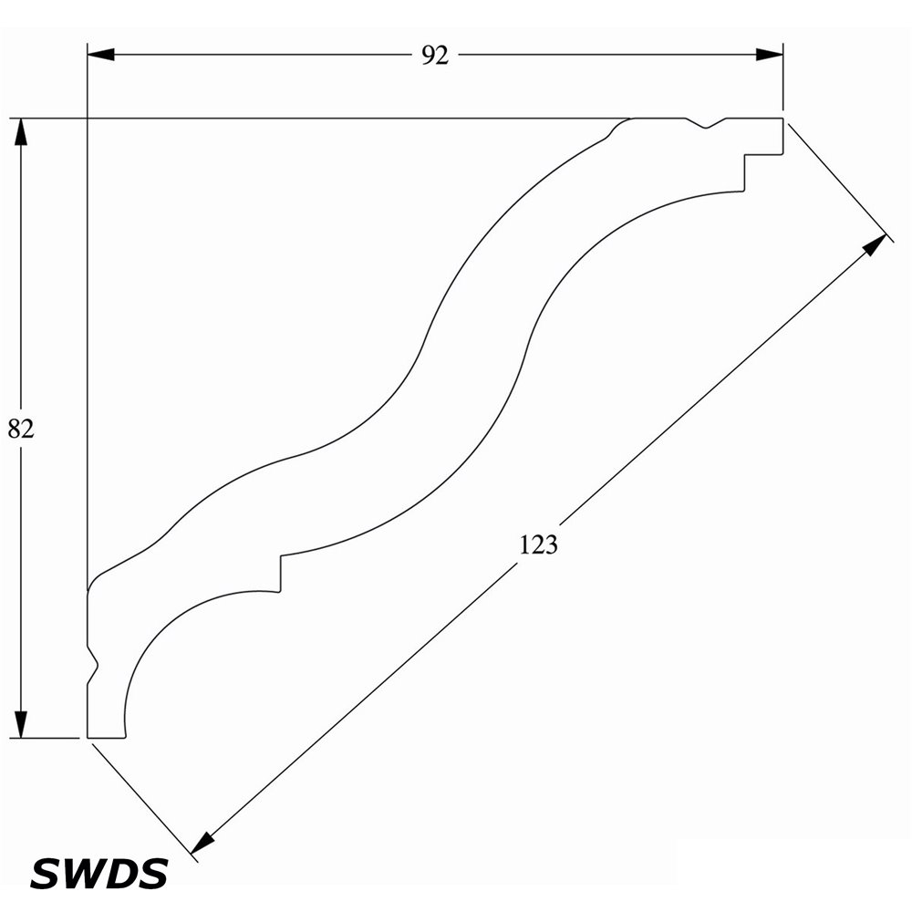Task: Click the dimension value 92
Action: click(435, 56)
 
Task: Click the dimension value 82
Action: click(21, 429)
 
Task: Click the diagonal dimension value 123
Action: click(538, 544)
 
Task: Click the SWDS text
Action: click(98, 873)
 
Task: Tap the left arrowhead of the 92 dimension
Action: click(100, 56)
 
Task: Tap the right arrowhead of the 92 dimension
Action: click(769, 56)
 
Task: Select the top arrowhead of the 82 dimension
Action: click(21, 131)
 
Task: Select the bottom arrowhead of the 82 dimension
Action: click(21, 725)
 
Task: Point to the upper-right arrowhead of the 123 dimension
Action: click(875, 244)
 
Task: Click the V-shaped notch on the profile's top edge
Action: click(706, 123)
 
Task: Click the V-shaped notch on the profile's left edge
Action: click(92, 664)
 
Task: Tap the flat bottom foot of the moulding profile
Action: click(106, 738)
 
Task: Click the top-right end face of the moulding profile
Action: click(782, 136)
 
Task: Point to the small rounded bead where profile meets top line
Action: click(616, 127)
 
